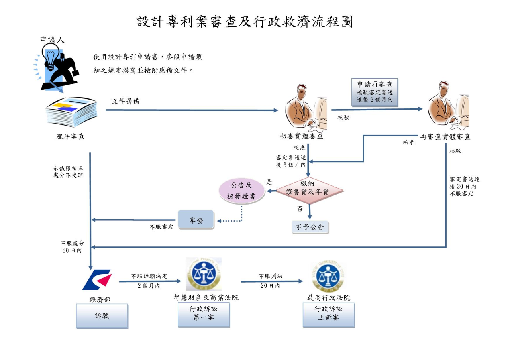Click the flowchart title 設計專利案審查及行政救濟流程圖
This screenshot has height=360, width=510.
[245, 22]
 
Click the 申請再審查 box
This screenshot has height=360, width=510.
[375, 92]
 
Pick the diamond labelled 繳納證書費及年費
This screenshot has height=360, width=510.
[310, 191]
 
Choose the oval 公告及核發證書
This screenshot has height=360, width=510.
[242, 191]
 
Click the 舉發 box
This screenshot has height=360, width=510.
[196, 220]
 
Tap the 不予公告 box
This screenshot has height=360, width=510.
[310, 227]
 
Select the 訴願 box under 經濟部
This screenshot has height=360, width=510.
[102, 316]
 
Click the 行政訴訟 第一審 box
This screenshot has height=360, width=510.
[204, 313]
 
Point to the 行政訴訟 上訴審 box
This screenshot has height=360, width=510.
[328, 313]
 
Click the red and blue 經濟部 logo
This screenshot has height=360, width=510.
[98, 279]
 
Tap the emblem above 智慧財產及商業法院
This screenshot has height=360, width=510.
[204, 274]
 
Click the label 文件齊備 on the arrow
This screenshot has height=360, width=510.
[126, 102]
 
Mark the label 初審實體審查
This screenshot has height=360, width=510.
[302, 136]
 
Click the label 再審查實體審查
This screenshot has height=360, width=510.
[445, 137]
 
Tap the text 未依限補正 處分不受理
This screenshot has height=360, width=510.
[68, 171]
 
